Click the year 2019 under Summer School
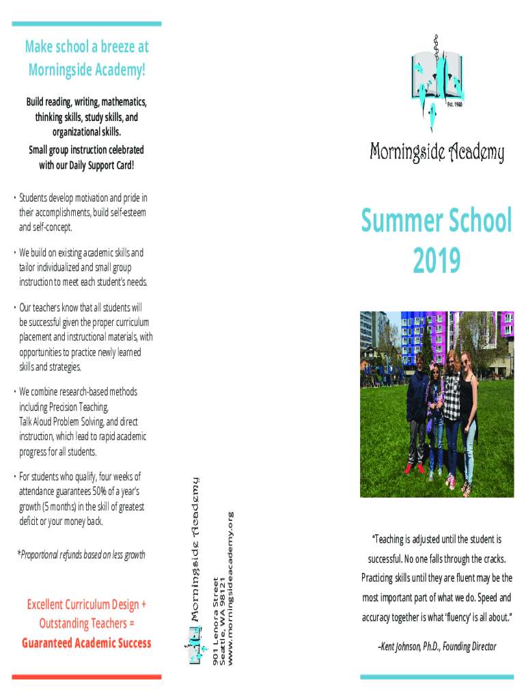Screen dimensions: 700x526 (x=436, y=260)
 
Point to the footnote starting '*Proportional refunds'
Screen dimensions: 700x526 (x=81, y=555)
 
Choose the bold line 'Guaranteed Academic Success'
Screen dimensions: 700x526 (x=86, y=643)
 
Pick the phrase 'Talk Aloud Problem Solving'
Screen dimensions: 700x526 (x=64, y=422)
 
